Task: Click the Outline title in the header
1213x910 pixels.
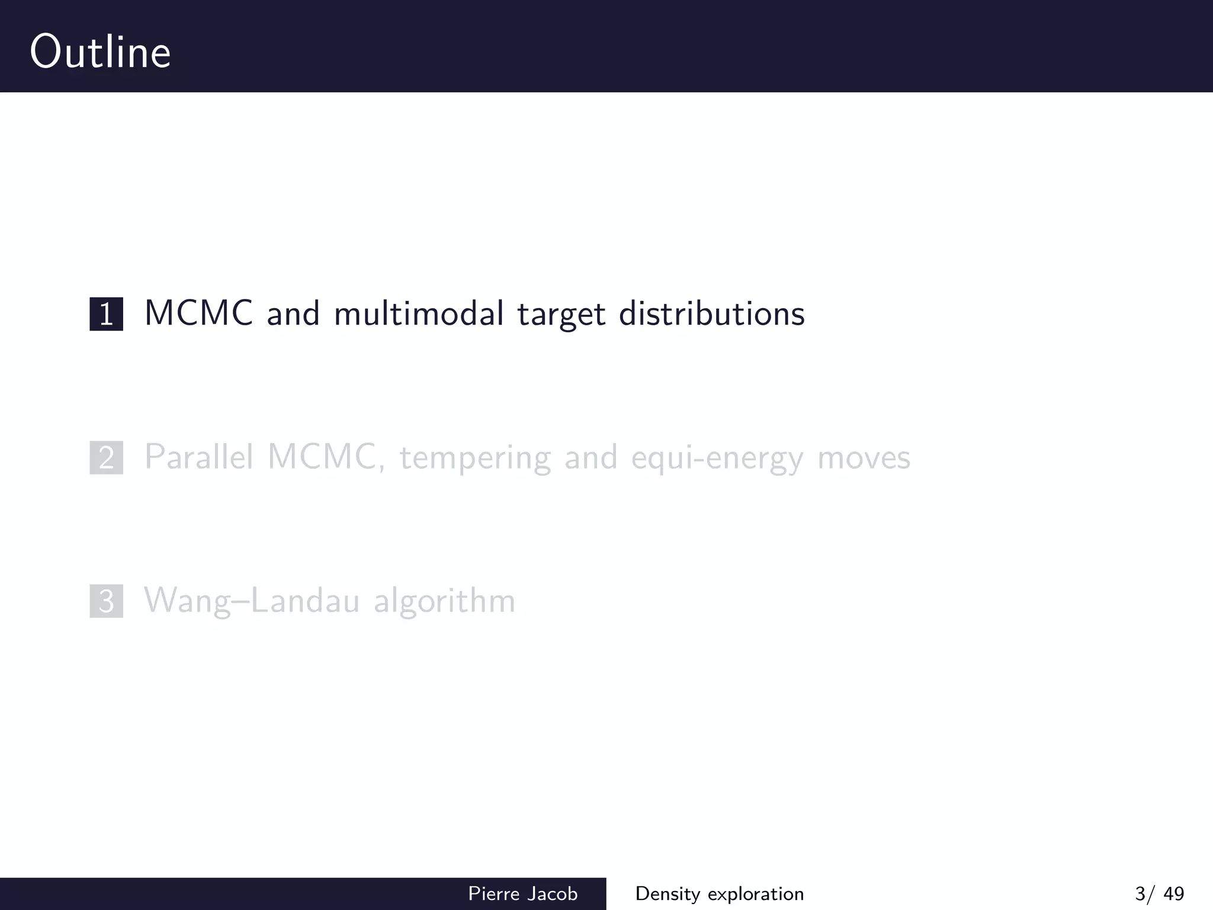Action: [x=101, y=52]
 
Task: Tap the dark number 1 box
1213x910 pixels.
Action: [x=107, y=314]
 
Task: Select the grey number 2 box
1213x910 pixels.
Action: [x=107, y=457]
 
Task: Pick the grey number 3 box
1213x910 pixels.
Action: [x=107, y=601]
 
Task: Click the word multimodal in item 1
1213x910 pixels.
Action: [x=419, y=313]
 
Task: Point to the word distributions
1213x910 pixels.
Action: [x=712, y=313]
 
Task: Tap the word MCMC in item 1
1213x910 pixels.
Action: [x=199, y=313]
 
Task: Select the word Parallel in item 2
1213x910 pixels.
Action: [x=199, y=457]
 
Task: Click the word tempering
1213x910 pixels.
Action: [x=475, y=459]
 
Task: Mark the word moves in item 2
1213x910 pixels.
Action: [x=864, y=459]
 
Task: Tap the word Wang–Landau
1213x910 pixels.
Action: [x=252, y=601]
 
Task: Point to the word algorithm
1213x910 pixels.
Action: [x=444, y=601]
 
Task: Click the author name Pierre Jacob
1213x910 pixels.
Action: [x=522, y=893]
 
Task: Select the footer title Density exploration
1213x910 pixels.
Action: [x=719, y=893]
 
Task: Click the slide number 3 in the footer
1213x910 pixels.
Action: [x=1140, y=893]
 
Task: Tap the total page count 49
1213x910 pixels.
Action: [x=1173, y=893]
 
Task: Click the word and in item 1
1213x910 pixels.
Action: [x=293, y=315]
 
